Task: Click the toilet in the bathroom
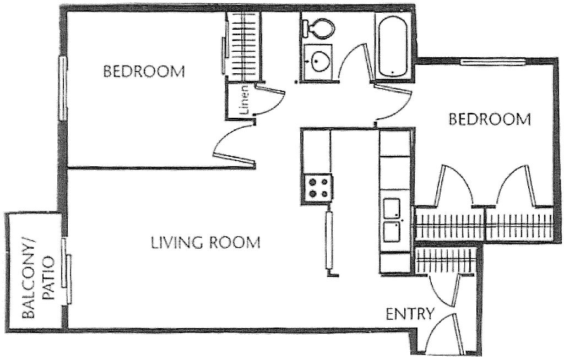click(x=318, y=26)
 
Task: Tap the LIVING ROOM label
click(x=205, y=242)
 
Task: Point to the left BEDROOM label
click(x=143, y=71)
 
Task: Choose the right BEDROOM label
click(x=489, y=119)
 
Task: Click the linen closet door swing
click(x=270, y=102)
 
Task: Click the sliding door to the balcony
click(x=66, y=270)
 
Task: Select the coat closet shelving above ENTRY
click(x=444, y=259)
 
